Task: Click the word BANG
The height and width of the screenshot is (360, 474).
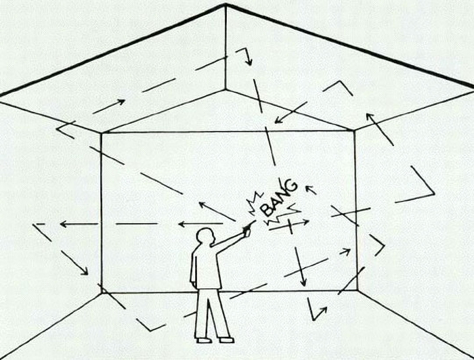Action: coord(279,197)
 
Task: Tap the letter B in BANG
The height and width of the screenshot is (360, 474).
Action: coord(267,209)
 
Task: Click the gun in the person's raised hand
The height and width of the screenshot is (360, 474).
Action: coord(249,227)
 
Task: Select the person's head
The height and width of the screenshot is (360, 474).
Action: coord(206,235)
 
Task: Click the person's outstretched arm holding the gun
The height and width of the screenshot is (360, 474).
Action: coord(228,241)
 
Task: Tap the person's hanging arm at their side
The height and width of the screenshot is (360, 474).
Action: coord(194,268)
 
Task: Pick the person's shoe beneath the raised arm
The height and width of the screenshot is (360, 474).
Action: coord(227,340)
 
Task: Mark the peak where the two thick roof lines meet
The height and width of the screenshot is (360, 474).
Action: coord(225,4)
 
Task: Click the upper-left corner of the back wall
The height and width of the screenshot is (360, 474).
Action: coord(102,133)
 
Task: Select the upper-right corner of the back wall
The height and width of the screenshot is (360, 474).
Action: coord(354,130)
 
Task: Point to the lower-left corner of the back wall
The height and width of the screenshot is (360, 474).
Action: coord(102,292)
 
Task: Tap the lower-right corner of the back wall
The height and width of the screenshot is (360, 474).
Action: coord(358,290)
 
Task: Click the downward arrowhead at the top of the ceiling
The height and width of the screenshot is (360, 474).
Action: coord(249,62)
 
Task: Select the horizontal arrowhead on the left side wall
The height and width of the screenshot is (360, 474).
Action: coord(63,224)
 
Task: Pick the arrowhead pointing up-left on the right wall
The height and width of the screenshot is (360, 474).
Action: coord(369,116)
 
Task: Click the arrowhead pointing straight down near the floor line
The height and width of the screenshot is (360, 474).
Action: coord(303,283)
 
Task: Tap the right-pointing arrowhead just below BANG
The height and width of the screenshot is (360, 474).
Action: coord(306,221)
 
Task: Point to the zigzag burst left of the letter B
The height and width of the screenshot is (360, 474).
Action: coord(255,202)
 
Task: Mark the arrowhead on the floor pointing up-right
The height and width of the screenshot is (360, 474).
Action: coord(324,310)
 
